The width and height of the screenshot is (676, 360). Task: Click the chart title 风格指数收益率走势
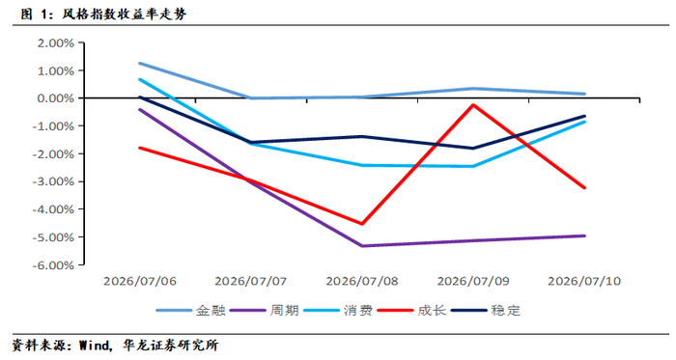(125, 14)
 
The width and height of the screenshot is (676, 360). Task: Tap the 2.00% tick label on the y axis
(56, 43)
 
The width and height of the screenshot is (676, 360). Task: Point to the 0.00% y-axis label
(56, 98)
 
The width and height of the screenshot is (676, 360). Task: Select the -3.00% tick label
(53, 181)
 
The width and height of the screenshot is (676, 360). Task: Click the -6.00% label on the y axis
(53, 265)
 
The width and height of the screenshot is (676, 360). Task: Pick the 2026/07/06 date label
(140, 281)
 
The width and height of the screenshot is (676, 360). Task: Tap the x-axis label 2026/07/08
(362, 281)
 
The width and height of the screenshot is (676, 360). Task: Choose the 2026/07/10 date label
(584, 281)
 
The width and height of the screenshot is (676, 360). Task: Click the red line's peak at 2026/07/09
(473, 104)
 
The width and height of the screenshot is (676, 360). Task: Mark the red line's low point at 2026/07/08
(362, 224)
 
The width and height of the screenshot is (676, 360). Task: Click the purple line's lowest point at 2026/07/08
(362, 246)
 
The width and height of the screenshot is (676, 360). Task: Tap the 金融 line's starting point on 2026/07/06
(140, 64)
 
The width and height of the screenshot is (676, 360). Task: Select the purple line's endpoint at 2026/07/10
(584, 235)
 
